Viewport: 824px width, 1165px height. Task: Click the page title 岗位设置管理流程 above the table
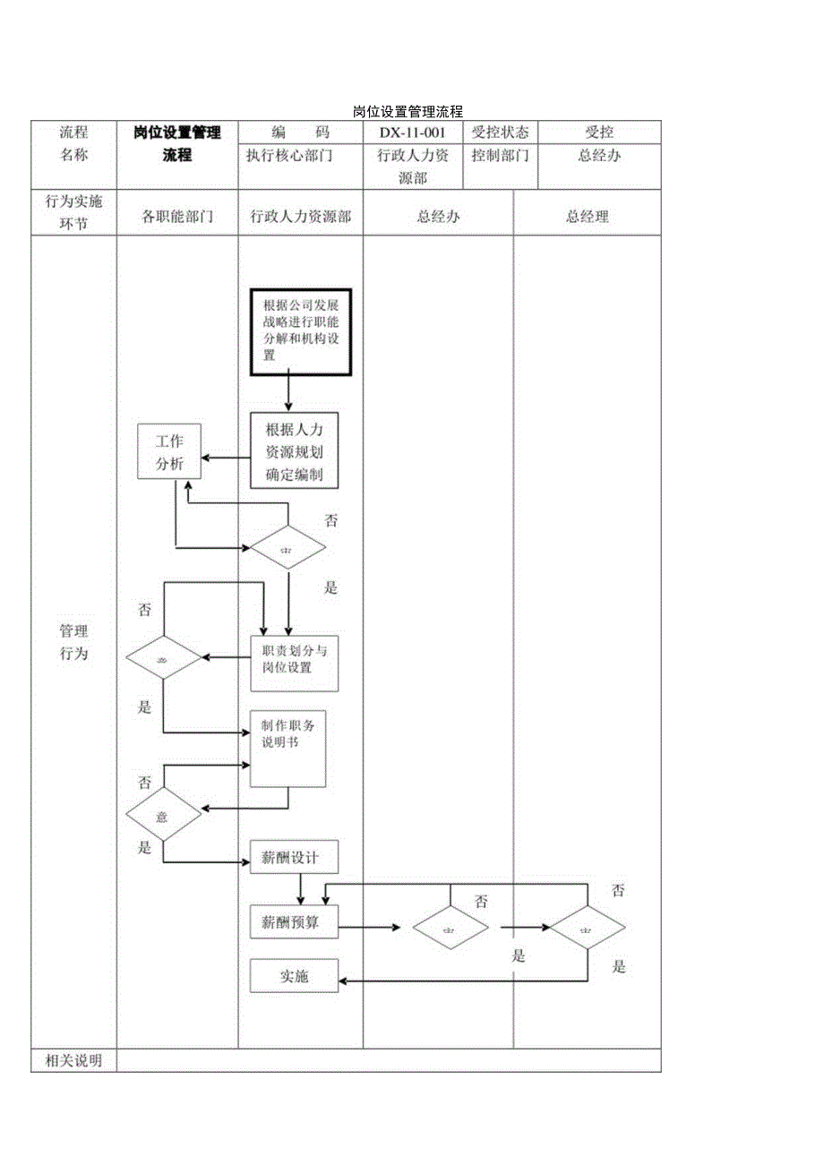pos(408,112)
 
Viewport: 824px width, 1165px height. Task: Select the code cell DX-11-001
pos(413,132)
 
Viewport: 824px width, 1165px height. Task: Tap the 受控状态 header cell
pos(501,132)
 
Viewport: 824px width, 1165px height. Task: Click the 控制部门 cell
pos(501,155)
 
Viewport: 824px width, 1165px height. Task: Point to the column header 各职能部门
pos(177,216)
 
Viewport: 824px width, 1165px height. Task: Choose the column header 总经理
pos(587,216)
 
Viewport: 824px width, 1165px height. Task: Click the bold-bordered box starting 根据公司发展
pos(301,331)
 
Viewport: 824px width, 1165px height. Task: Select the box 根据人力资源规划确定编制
pos(295,451)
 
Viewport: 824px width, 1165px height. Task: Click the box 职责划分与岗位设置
pos(295,663)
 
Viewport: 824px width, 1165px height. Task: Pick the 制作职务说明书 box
pos(288,749)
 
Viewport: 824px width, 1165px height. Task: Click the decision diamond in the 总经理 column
pos(587,927)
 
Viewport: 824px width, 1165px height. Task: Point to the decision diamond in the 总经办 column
pos(451,927)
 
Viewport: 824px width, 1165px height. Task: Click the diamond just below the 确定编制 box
pos(288,547)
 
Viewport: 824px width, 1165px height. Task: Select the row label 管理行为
pos(73,642)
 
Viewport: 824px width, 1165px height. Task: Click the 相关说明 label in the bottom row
pos(73,1061)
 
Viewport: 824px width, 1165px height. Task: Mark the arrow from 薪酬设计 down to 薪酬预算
pos(301,889)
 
